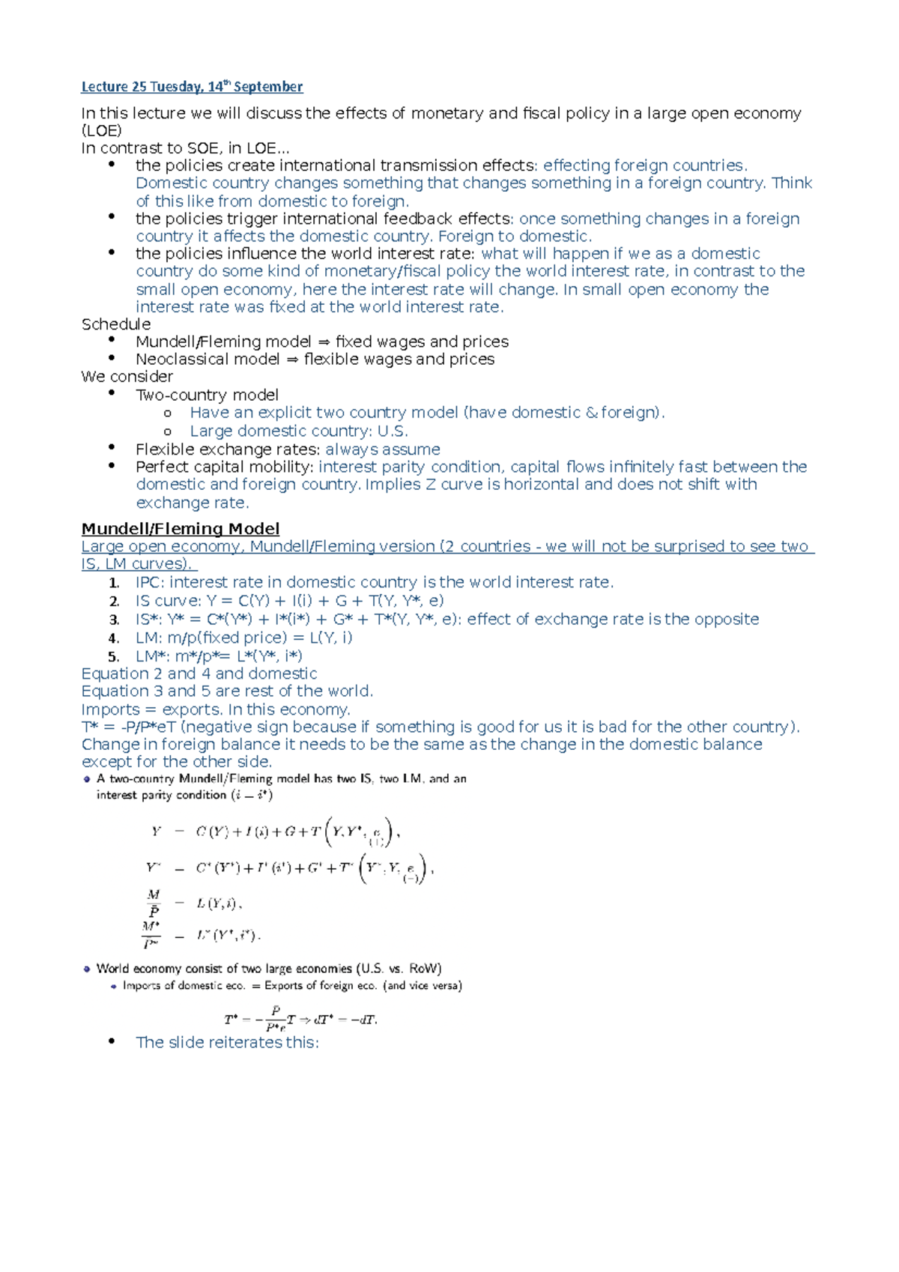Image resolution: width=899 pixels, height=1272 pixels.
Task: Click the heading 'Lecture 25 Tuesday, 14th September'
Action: (x=192, y=87)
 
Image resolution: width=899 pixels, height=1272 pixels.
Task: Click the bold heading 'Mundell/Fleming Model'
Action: (x=181, y=529)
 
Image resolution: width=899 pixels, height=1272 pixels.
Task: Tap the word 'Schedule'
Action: (x=116, y=324)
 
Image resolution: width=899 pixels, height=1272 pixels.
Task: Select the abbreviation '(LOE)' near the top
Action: (x=101, y=131)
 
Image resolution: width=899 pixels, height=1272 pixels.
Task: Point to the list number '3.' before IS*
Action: (x=114, y=620)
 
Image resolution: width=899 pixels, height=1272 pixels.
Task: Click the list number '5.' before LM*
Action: (x=114, y=657)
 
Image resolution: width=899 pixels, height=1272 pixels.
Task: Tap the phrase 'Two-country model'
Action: (x=207, y=395)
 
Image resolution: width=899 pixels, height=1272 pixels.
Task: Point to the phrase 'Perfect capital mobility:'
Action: (x=224, y=467)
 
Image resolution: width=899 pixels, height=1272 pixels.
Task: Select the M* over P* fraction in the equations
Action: (x=151, y=935)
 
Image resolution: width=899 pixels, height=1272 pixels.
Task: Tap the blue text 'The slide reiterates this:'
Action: (x=227, y=1043)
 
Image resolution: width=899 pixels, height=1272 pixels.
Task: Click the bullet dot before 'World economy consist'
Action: (x=87, y=969)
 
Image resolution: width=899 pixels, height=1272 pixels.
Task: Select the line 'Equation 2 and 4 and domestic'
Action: (x=199, y=674)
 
